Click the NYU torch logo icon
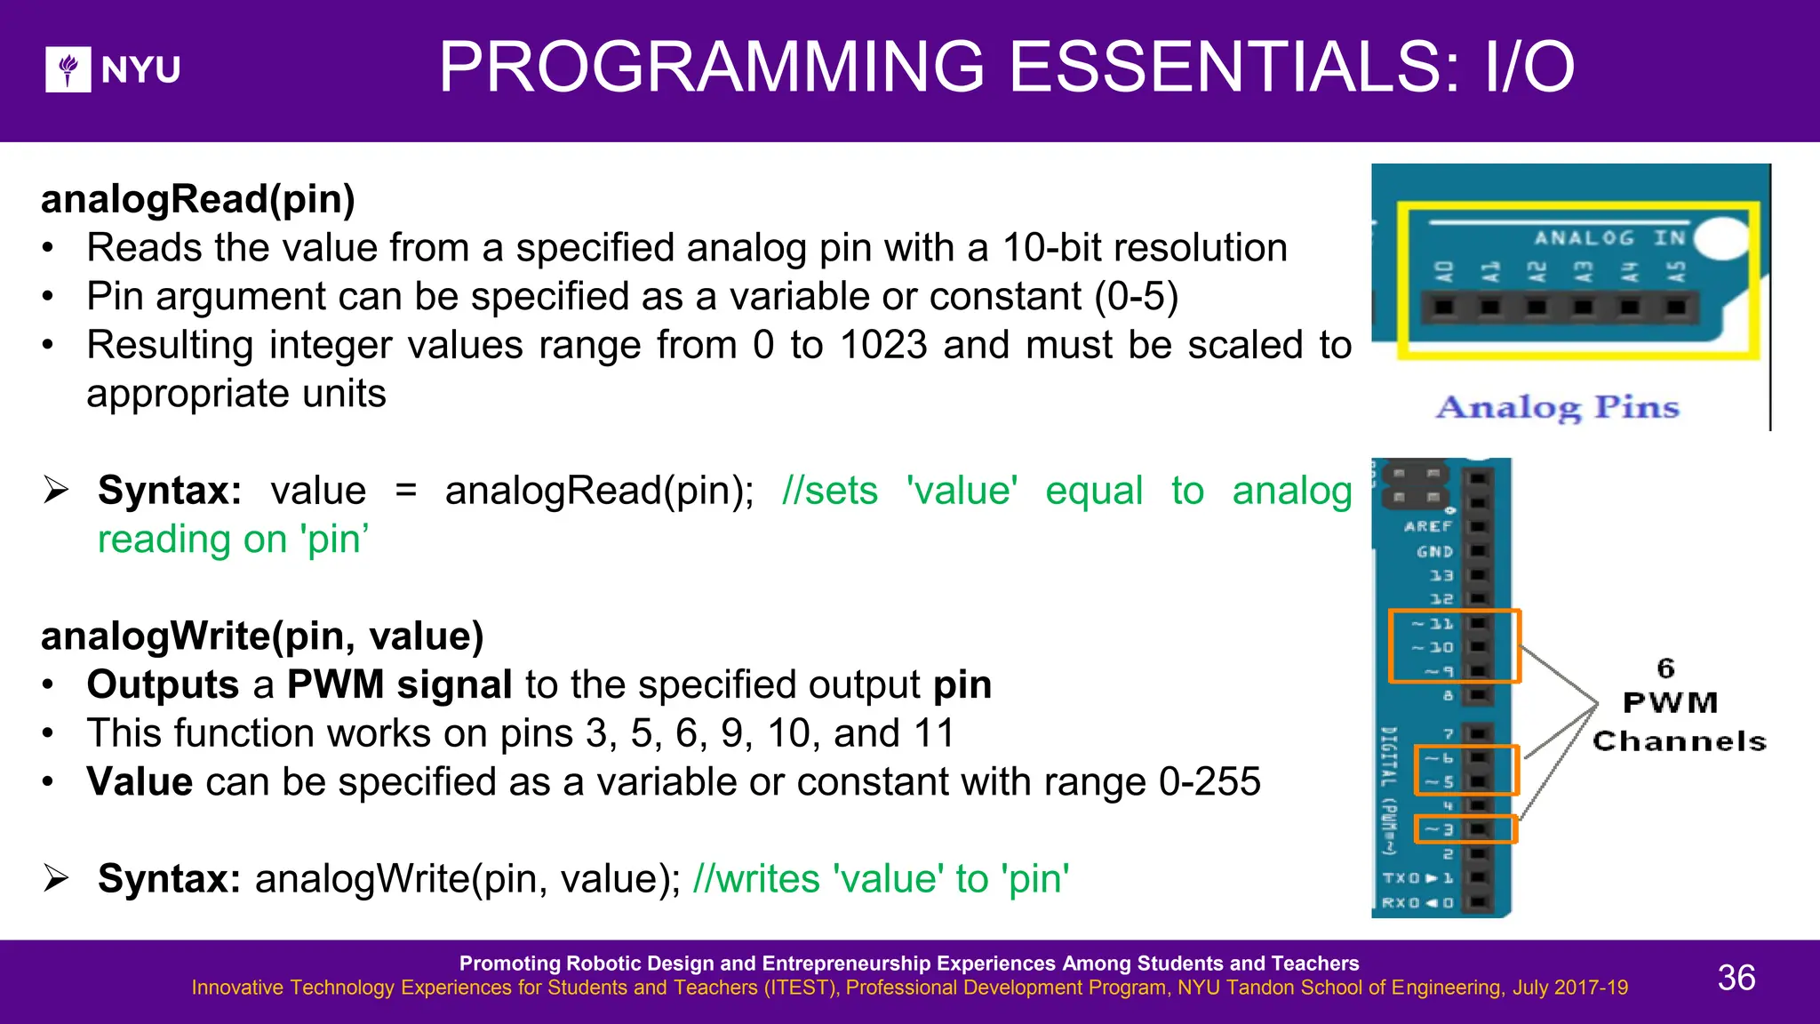coord(68,69)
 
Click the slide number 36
coord(1736,978)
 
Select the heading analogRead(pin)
coord(198,198)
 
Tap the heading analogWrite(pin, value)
coord(262,636)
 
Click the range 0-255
coord(1209,782)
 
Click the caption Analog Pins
coord(1558,407)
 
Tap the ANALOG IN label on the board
coord(1609,237)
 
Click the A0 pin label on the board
coord(1445,271)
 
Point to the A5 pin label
coord(1675,271)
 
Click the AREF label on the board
coord(1428,526)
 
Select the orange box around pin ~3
coord(1465,829)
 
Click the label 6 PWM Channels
coord(1678,704)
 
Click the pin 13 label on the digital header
coord(1441,575)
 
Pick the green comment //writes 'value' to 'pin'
coord(881,879)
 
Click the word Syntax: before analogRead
coord(170,491)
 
